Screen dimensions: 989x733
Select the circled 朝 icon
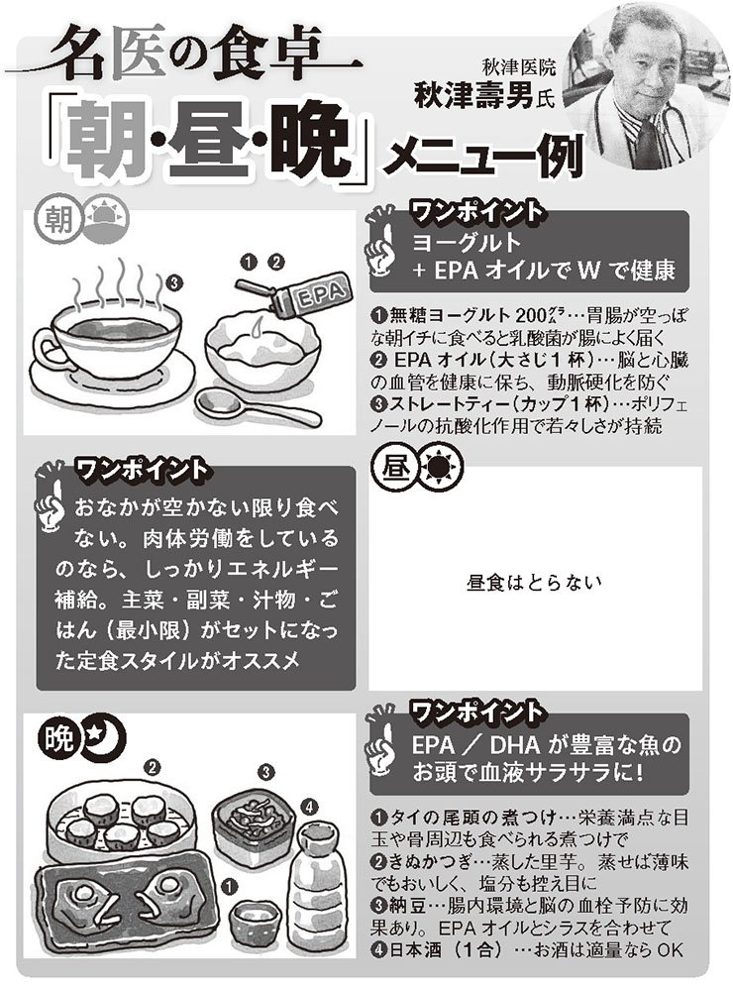click(x=54, y=219)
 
